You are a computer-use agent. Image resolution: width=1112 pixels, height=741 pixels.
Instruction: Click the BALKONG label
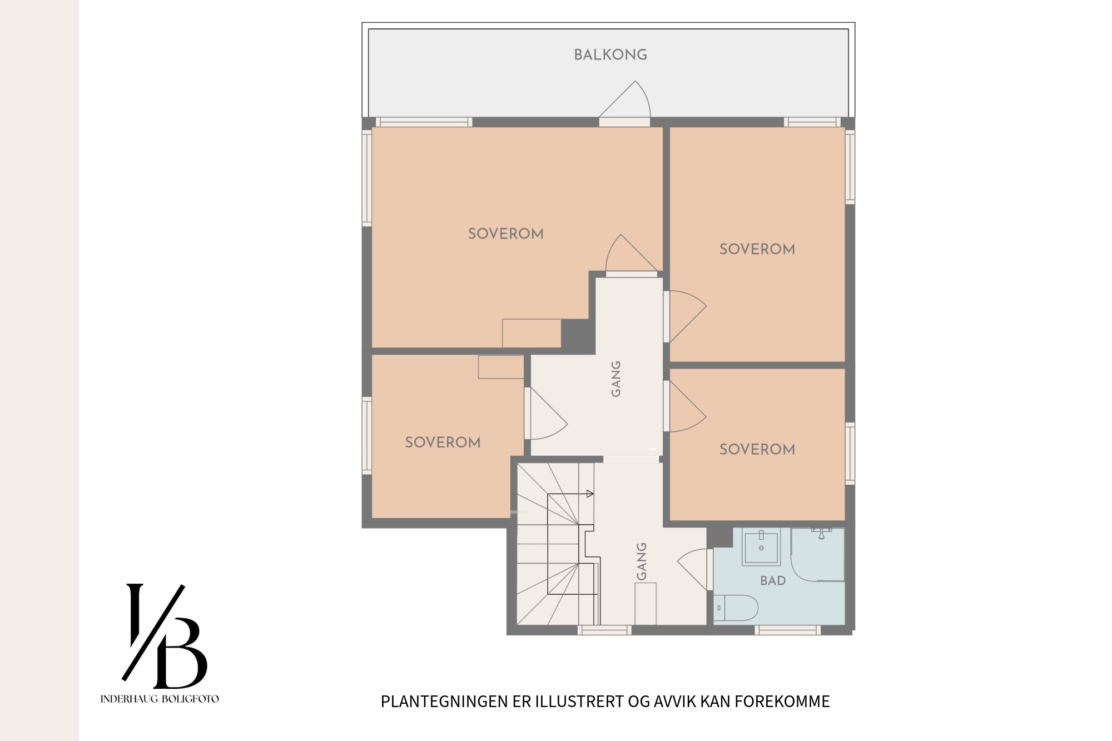click(610, 55)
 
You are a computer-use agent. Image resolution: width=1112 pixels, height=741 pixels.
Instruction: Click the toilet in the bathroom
click(735, 608)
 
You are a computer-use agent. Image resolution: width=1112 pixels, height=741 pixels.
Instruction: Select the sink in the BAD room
click(761, 546)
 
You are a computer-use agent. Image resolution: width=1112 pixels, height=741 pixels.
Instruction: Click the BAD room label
click(773, 581)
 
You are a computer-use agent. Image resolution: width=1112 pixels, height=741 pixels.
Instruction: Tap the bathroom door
click(693, 569)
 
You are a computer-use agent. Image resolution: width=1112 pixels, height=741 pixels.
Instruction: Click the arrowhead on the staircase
click(590, 494)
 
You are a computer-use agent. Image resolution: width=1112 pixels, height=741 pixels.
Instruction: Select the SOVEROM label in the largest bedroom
click(505, 234)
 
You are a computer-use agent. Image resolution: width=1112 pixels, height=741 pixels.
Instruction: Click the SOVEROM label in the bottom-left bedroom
click(443, 442)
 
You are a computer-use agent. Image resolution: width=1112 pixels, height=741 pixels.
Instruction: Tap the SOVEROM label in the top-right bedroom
click(757, 249)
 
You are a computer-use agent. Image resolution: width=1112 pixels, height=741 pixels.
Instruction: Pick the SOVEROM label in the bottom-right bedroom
click(757, 449)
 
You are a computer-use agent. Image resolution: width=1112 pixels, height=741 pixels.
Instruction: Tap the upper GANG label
click(615, 379)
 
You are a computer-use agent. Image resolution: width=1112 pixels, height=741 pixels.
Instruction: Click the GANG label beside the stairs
click(641, 561)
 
